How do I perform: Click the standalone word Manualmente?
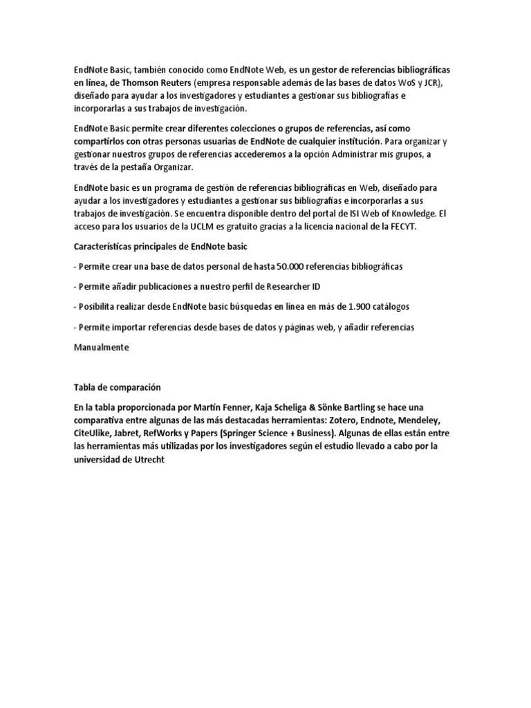pos(102,347)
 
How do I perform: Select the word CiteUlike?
pos(94,434)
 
